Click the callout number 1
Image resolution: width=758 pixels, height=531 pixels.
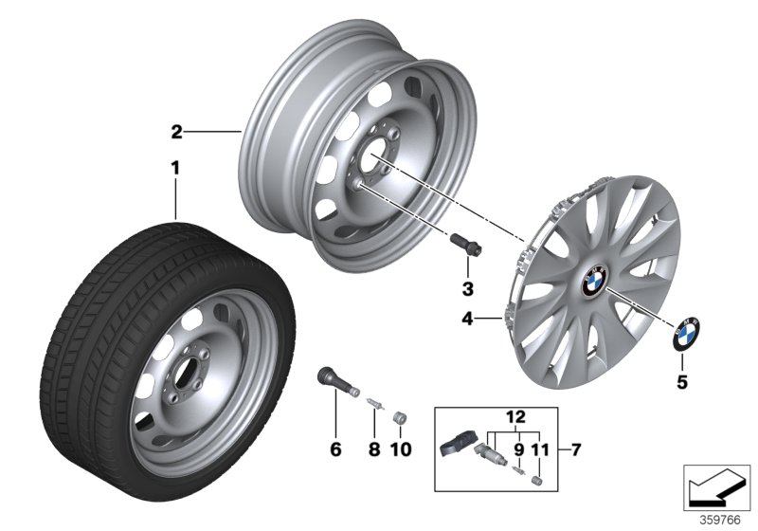pyautogui.click(x=174, y=168)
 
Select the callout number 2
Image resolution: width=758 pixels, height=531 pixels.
pyautogui.click(x=175, y=131)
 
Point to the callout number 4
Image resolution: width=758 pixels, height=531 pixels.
pyautogui.click(x=466, y=320)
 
